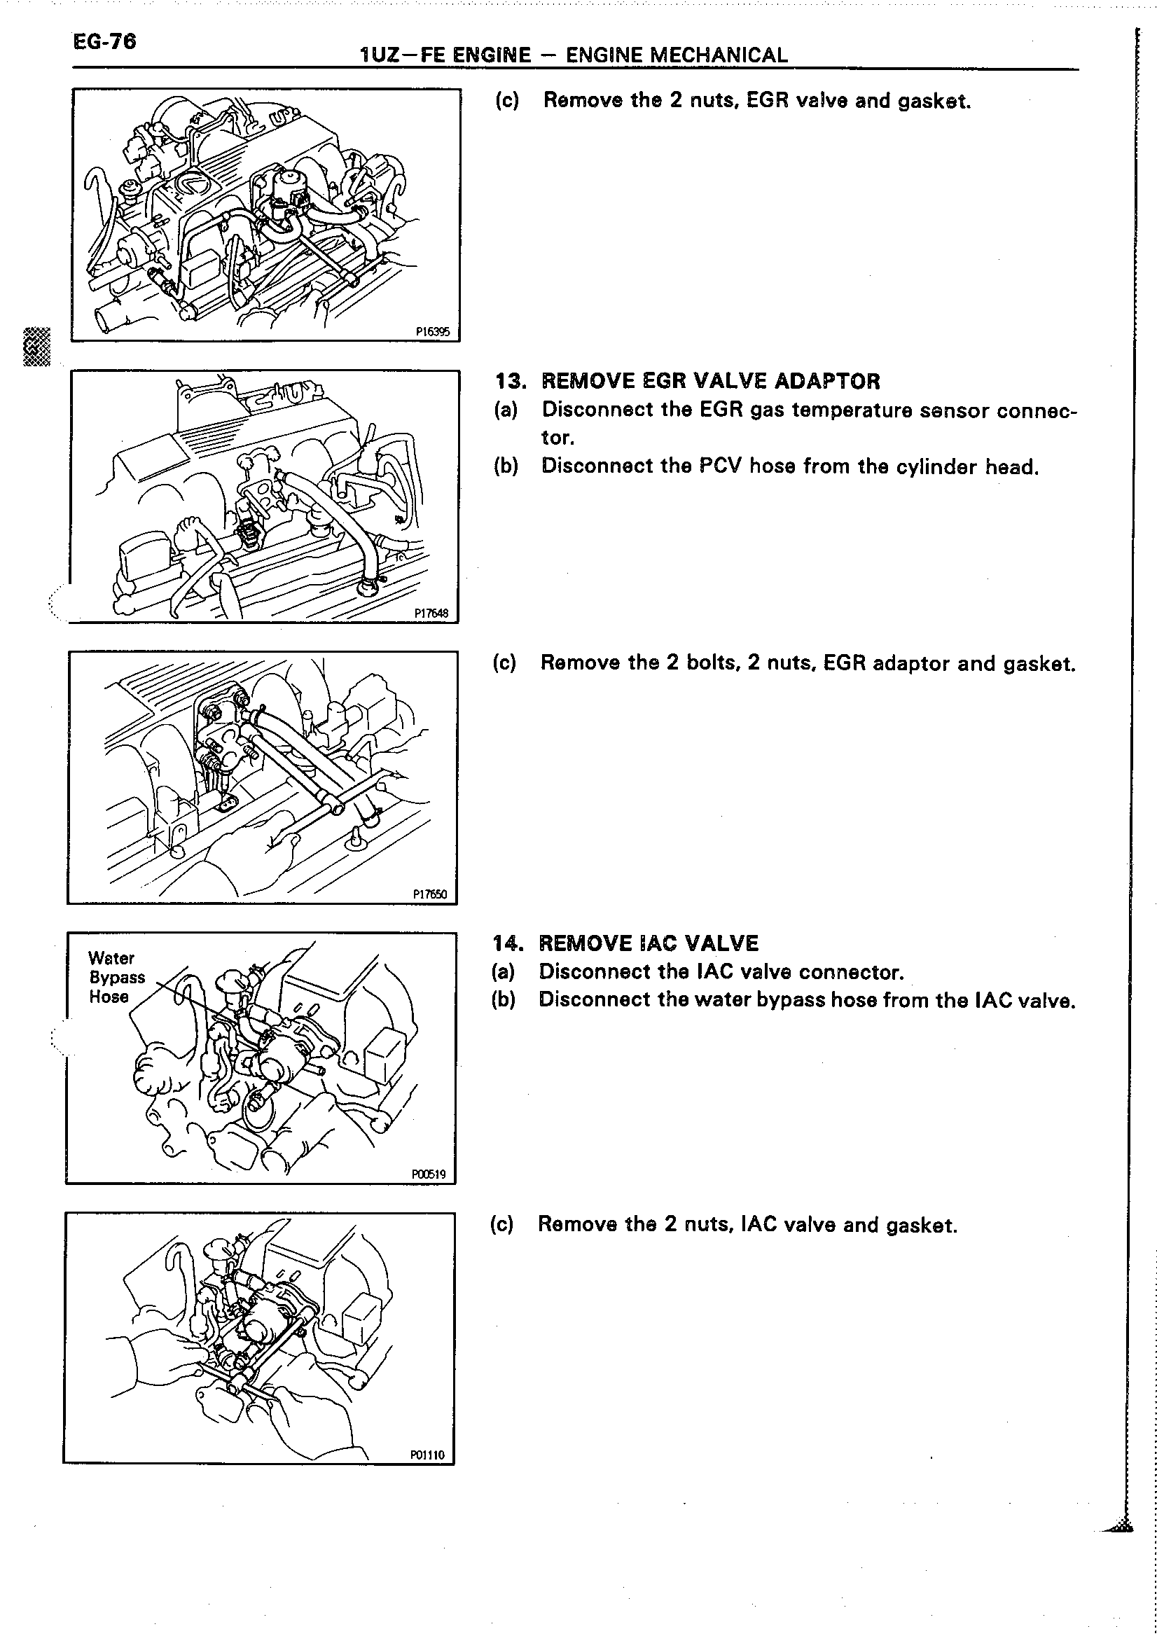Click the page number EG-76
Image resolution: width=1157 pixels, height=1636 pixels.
point(104,42)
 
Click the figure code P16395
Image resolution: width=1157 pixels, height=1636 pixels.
point(433,331)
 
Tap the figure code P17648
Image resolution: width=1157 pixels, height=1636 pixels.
point(431,612)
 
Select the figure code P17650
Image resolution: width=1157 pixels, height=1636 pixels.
point(429,894)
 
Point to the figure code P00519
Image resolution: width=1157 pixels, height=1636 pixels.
point(428,1174)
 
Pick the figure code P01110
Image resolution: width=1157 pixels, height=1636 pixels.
point(427,1455)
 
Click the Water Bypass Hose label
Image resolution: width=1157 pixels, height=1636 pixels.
point(116,977)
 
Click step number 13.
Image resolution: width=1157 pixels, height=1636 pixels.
point(510,381)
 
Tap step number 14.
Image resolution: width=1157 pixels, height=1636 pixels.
point(507,943)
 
